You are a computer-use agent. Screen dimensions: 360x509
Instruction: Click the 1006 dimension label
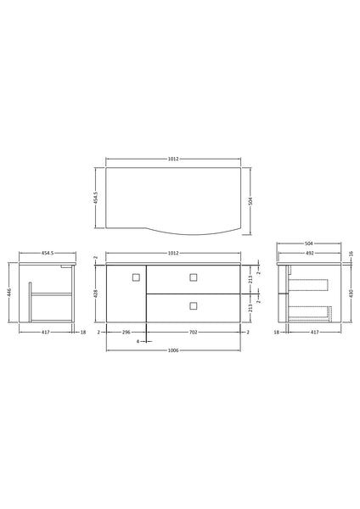173,350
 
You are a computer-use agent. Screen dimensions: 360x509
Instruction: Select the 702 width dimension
193,332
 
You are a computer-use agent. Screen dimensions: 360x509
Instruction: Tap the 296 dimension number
126,332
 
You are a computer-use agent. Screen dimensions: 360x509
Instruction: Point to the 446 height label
9,292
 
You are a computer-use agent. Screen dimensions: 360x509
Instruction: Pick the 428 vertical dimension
96,294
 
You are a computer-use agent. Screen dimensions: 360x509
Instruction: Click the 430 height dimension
351,294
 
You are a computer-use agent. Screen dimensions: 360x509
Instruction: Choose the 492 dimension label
310,253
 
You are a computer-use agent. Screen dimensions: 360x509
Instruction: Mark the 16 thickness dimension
351,253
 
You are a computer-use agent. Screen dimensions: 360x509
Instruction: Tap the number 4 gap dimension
138,341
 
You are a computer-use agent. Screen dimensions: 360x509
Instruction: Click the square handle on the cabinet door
136,277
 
